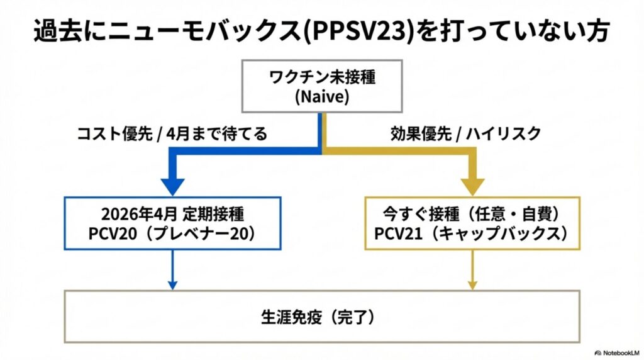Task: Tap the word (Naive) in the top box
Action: [x=322, y=98]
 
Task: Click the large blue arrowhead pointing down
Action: [x=173, y=185]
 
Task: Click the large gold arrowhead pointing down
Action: [x=472, y=185]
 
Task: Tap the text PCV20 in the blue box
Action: [x=113, y=233]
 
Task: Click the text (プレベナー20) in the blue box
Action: [x=197, y=233]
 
